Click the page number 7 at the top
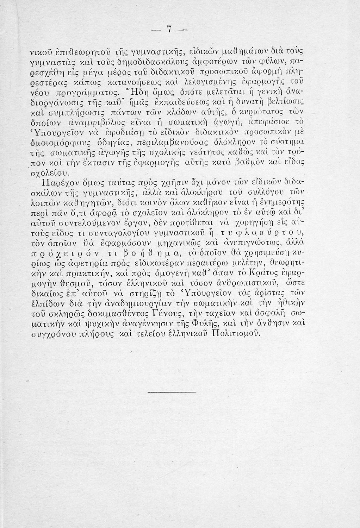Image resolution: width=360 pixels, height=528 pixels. (169, 30)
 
